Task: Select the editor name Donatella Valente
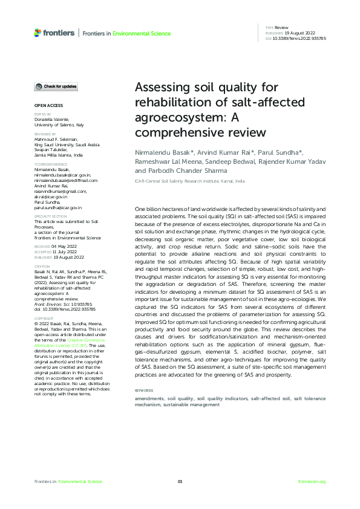[51, 120]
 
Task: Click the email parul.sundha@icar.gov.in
[58, 207]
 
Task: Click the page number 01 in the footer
[180, 481]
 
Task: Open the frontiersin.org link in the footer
[312, 481]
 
